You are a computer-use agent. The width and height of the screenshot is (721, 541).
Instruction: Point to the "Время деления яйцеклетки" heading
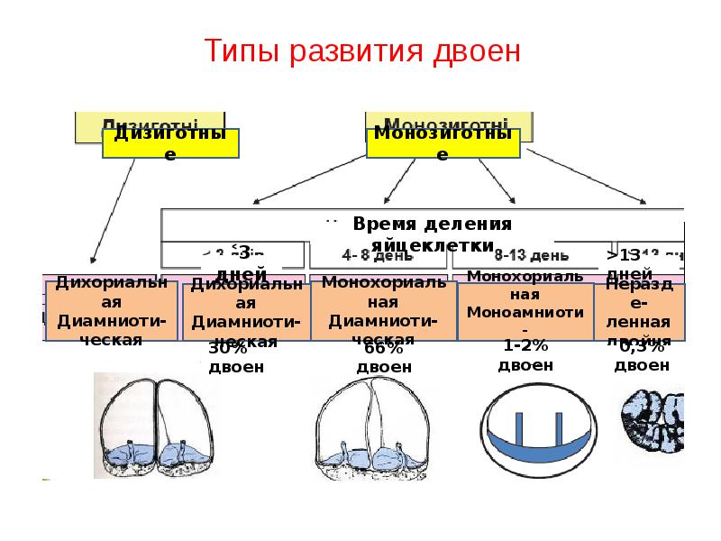point(432,234)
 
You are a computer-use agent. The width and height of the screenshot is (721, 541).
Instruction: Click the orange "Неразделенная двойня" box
point(639,311)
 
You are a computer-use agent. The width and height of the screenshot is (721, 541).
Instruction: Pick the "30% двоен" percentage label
point(236,358)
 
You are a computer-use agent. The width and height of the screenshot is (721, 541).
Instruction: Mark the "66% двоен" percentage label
point(384,358)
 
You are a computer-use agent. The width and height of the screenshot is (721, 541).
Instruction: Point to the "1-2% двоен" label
point(525,357)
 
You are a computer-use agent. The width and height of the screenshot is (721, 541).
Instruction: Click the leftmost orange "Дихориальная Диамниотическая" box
point(99,309)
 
